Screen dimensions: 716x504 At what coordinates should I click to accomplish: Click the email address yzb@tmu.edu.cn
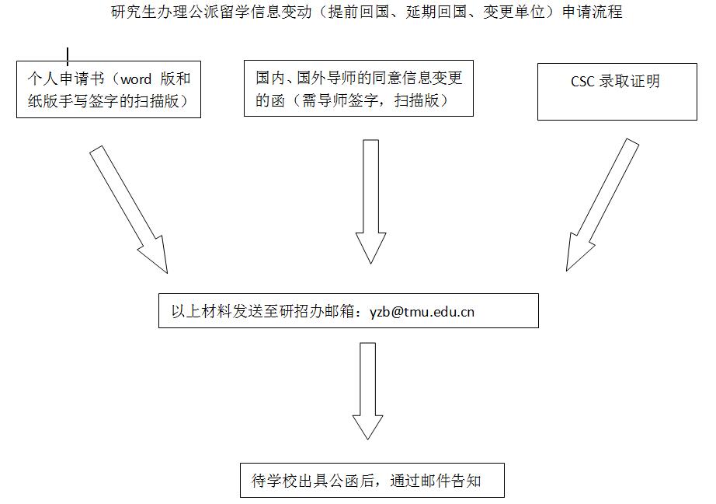click(x=422, y=312)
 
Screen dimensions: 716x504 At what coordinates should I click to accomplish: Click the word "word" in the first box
click(x=136, y=79)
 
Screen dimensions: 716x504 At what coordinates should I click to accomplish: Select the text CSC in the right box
click(x=582, y=82)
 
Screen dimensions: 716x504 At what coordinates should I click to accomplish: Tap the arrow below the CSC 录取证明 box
click(x=602, y=205)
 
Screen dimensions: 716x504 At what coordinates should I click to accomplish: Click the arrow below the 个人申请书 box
click(x=129, y=209)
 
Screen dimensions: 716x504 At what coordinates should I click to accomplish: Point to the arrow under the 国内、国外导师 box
click(x=370, y=201)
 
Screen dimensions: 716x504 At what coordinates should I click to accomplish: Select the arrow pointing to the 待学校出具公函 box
click(x=367, y=391)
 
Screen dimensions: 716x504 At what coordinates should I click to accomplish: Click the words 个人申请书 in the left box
click(x=66, y=79)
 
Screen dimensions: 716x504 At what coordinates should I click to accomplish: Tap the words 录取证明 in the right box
click(x=630, y=82)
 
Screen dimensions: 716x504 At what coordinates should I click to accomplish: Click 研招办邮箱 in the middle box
click(x=316, y=311)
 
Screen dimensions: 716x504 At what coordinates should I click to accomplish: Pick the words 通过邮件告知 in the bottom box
click(x=436, y=481)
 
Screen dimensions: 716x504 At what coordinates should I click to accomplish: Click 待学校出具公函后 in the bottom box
click(x=313, y=481)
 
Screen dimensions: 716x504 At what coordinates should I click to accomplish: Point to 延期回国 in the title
click(x=436, y=12)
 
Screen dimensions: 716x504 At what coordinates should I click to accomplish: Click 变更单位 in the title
click(x=514, y=12)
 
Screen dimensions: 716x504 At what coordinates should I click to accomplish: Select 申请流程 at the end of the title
click(x=593, y=12)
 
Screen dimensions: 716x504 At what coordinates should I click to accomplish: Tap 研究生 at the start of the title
click(x=134, y=12)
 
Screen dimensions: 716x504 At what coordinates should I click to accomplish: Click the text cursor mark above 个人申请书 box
click(x=68, y=56)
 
